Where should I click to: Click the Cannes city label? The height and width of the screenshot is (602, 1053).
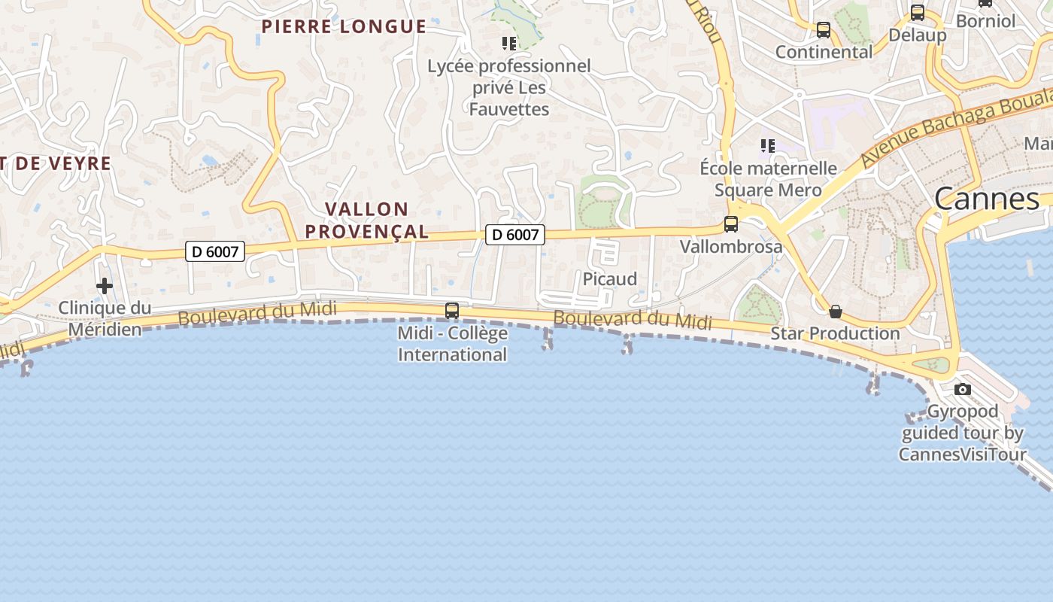[987, 199]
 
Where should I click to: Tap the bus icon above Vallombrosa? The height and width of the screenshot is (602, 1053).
[730, 223]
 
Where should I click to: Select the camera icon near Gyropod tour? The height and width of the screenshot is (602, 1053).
[962, 389]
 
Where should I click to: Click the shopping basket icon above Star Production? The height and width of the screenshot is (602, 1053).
[835, 312]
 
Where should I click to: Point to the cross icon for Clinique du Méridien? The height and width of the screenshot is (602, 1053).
[105, 286]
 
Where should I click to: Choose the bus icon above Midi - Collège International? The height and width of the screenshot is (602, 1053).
[452, 310]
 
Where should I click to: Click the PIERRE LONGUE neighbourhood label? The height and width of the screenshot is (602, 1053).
[344, 27]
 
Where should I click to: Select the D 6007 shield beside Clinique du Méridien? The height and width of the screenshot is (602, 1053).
[215, 251]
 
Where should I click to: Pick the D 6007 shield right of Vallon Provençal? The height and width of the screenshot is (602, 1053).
[515, 235]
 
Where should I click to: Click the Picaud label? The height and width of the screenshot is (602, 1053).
[610, 279]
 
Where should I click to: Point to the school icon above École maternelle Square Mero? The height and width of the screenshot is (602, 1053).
[767, 145]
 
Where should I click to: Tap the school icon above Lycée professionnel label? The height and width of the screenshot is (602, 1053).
[509, 44]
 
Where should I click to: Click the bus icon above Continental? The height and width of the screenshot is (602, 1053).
[824, 30]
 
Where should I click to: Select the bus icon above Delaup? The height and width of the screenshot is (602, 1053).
[917, 13]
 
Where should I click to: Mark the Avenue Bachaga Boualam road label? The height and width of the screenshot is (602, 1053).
[955, 128]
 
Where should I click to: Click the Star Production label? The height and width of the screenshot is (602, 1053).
[835, 333]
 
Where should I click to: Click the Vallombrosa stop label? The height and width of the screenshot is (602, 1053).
[730, 247]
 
